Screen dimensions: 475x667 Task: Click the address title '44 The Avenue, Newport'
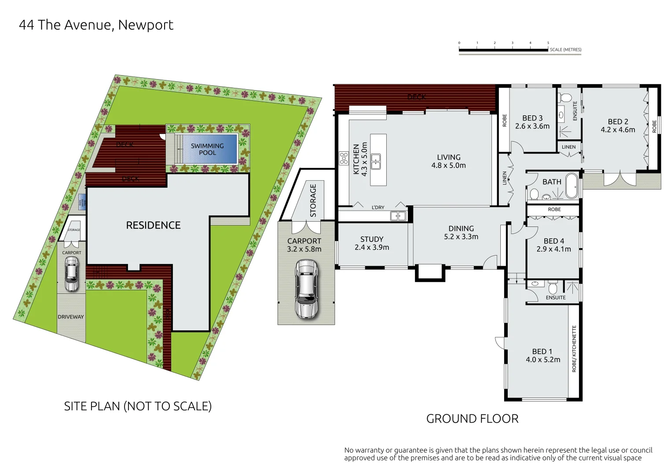coord(96,25)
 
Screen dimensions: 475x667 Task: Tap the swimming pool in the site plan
coord(207,149)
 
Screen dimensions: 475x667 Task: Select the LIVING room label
coord(448,157)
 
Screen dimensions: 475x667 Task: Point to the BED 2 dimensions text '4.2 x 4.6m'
coord(618,130)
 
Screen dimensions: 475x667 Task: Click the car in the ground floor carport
coord(306,289)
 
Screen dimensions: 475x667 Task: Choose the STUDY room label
coord(372,239)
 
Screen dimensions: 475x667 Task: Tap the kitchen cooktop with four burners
coord(344,158)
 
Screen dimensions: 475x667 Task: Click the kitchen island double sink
coord(376,161)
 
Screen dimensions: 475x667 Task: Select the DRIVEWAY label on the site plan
coord(71,317)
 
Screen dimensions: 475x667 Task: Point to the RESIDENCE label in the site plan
coord(153,225)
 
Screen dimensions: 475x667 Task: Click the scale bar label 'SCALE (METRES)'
coord(565,50)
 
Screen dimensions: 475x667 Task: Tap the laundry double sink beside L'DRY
coord(398,216)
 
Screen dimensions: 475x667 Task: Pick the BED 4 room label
coord(553,241)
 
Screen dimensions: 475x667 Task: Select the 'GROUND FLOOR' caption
coord(472,419)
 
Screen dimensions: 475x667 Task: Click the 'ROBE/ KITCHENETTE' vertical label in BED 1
coord(574,349)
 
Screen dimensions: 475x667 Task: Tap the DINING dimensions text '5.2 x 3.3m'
coord(461,237)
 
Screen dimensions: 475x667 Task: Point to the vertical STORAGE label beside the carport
coord(313,201)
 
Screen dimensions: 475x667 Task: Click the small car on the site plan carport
coord(71,274)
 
